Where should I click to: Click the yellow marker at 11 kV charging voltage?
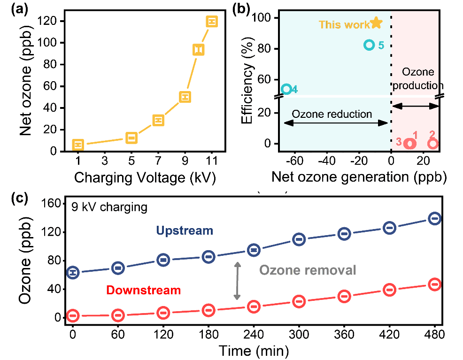(x=212, y=22)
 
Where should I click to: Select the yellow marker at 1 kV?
(x=78, y=145)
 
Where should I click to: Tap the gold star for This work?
(x=376, y=23)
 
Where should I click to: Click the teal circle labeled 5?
(x=369, y=45)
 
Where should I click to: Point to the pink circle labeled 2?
(x=432, y=143)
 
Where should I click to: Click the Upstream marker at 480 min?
(x=434, y=218)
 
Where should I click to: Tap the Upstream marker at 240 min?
(x=254, y=250)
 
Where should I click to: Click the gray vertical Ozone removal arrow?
(x=238, y=281)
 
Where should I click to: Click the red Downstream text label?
(x=143, y=290)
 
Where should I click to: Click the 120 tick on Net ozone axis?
(x=49, y=21)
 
